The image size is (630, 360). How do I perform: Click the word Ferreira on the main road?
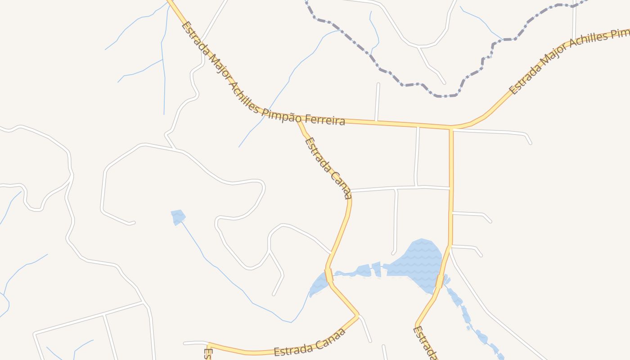tap(325, 119)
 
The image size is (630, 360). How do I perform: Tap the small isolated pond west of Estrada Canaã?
tap(178, 216)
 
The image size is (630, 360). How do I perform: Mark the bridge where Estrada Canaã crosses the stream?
tap(329, 275)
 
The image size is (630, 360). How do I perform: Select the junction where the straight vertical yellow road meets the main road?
tap(451, 127)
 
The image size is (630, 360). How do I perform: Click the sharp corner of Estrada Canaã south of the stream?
tap(358, 316)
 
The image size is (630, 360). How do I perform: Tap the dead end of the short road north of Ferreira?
tap(378, 84)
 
